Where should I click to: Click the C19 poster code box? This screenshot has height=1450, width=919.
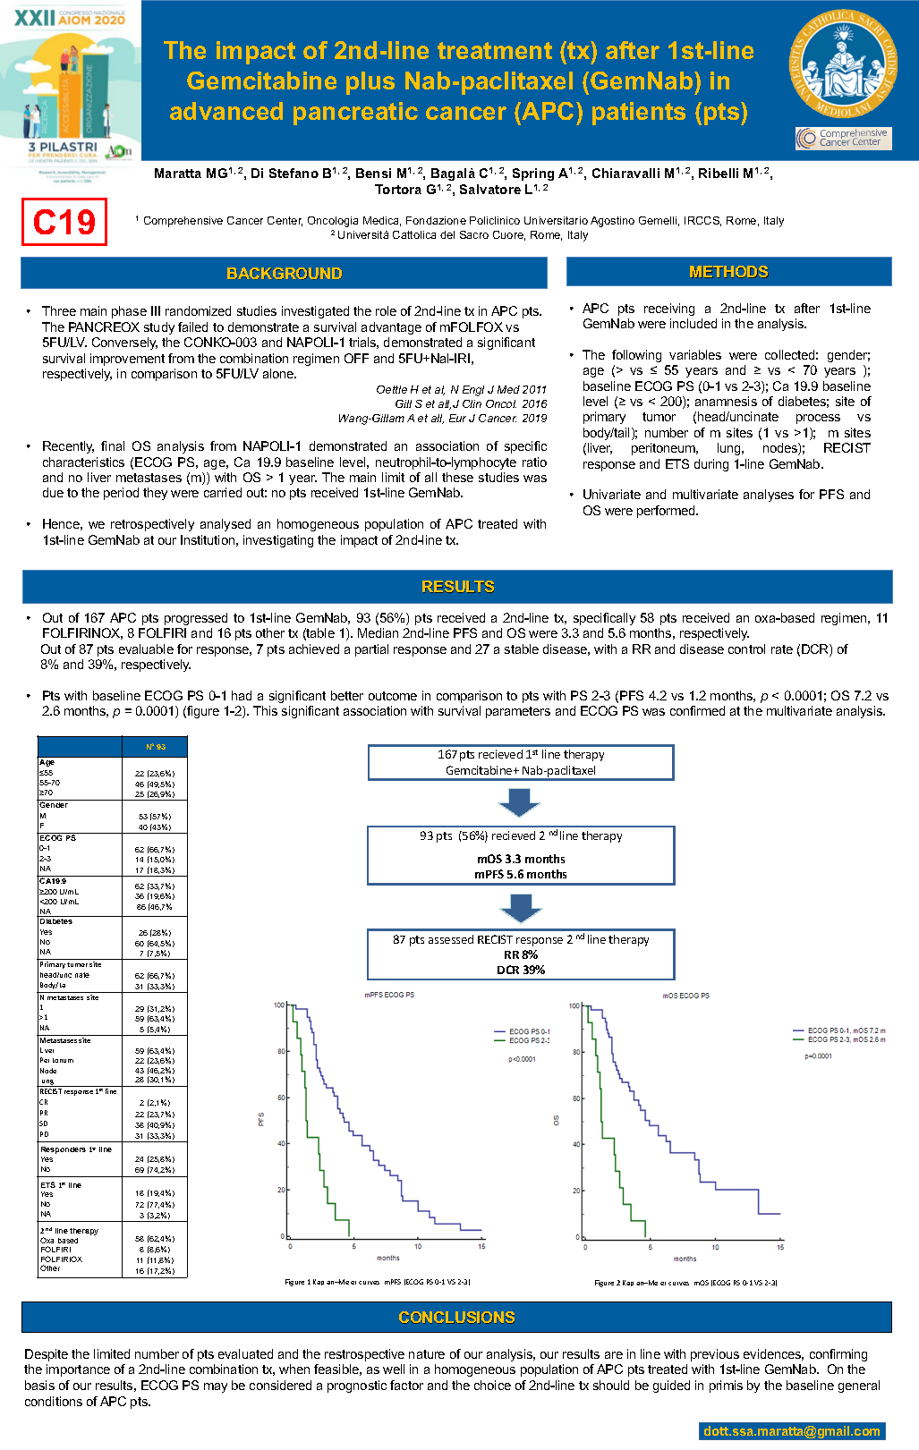[64, 222]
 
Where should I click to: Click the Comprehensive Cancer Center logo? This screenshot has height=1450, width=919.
[844, 138]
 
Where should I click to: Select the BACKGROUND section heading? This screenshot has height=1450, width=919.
[284, 274]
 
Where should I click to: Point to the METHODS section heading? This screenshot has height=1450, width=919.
[728, 272]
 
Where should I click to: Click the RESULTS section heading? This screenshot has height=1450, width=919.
[457, 587]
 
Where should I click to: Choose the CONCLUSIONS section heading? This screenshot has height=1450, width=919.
[456, 1318]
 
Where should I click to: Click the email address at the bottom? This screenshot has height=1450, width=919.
[791, 1431]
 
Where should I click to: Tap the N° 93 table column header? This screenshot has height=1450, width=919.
[155, 747]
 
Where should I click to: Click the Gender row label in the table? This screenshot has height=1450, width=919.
[54, 805]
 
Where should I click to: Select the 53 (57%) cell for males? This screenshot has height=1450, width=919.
[155, 816]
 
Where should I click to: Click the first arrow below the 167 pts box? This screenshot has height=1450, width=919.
[520, 801]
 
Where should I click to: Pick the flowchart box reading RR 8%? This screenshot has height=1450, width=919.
[521, 954]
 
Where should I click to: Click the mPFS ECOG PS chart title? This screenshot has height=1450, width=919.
[388, 995]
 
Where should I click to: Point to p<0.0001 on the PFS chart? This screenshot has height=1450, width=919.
[522, 1059]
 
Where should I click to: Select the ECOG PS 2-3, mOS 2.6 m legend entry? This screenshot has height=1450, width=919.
[846, 1039]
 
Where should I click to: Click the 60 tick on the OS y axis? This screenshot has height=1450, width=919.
[576, 1098]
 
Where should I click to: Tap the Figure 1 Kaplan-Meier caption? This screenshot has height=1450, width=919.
[377, 1282]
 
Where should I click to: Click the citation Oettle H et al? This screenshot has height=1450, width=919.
[461, 390]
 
